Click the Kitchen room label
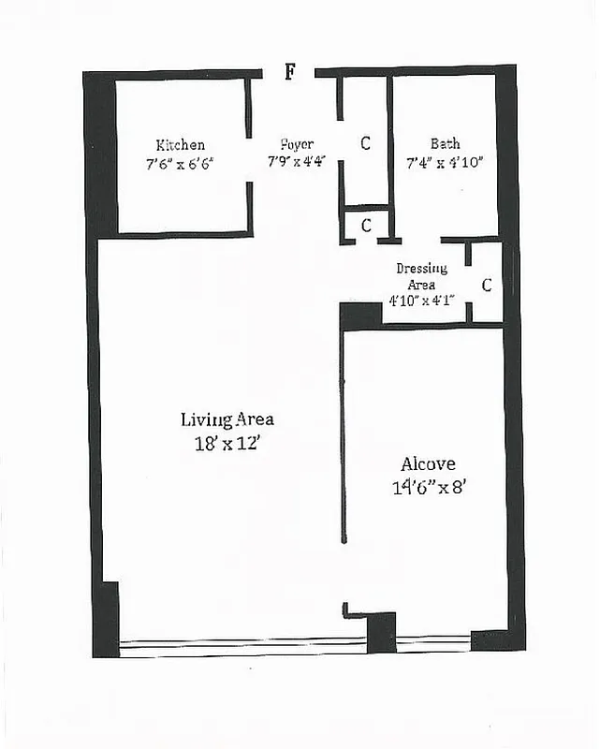180,145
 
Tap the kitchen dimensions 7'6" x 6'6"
180,163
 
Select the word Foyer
295,145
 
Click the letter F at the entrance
290,73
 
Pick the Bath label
445,144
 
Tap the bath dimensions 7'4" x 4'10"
445,163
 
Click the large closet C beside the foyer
365,143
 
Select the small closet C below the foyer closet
366,225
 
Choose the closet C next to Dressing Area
486,286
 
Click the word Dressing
421,269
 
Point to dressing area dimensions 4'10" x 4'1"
421,301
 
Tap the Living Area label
227,419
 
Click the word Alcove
428,463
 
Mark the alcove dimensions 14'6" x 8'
428,487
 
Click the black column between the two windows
381,632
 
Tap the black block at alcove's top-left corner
360,316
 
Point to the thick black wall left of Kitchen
100,154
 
